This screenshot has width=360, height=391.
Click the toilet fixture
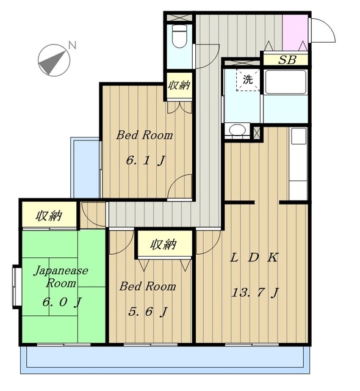[179, 37]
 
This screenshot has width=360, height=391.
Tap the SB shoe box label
[287, 60]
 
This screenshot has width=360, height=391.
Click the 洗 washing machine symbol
[248, 80]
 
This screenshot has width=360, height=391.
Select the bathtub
[286, 82]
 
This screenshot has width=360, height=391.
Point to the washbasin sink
[237, 130]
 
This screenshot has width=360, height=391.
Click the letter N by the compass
[72, 45]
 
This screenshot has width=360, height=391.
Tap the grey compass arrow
[53, 62]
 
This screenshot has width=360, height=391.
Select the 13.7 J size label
[254, 292]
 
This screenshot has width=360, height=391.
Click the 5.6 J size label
[148, 312]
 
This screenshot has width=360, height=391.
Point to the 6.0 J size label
[62, 302]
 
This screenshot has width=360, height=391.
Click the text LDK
[254, 258]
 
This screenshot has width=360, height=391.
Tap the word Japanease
[61, 271]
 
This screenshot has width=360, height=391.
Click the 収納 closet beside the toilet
[179, 86]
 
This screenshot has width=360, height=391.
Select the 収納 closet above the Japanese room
[49, 215]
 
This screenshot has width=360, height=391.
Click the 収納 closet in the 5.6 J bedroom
[164, 244]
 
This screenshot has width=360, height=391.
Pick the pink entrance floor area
[295, 32]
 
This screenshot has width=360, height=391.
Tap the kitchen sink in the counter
[298, 136]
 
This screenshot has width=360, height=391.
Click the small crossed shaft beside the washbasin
[257, 133]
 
